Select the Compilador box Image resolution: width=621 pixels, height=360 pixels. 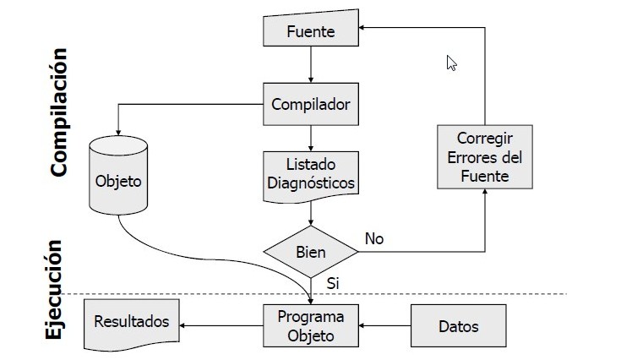point(311,105)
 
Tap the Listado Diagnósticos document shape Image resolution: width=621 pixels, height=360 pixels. point(311,174)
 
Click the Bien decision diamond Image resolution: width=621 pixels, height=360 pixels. point(311,252)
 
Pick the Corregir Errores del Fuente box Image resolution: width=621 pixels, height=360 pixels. point(484,156)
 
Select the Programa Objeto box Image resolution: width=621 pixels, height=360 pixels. point(311,325)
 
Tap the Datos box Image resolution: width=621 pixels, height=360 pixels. point(459,326)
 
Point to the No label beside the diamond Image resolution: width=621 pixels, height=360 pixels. point(373,239)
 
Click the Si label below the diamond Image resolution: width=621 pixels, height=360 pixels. point(332,284)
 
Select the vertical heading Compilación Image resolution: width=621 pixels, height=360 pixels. point(57,112)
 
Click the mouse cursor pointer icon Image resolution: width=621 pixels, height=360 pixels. point(451,63)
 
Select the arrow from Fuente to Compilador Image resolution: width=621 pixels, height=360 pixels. point(311,64)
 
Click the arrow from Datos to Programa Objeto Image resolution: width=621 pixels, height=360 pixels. point(384,325)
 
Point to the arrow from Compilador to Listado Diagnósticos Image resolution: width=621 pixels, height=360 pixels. point(311,138)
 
